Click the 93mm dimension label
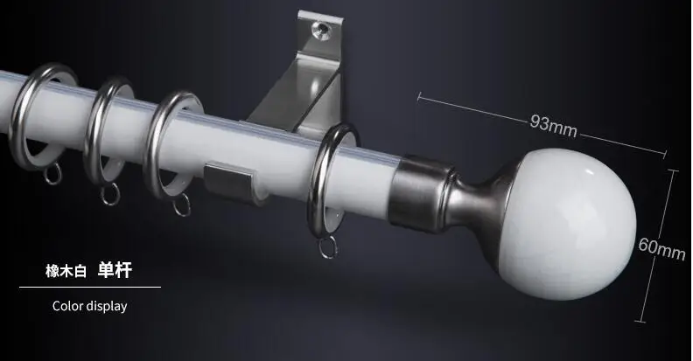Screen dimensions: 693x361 click(554, 126)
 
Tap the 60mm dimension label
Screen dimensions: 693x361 click(661, 248)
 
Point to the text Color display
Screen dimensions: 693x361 click(90, 306)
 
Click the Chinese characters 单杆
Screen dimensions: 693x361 click(115, 270)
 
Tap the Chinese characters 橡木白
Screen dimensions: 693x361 click(66, 271)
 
